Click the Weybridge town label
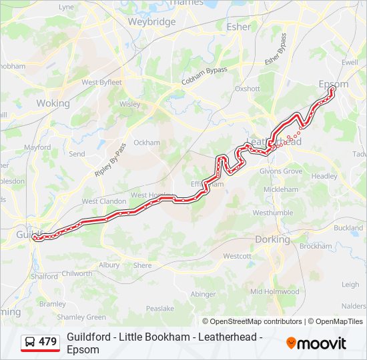pos(151,21)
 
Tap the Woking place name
pos(53,103)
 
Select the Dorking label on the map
pos(272,239)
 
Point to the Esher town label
pos(239,27)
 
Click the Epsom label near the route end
pos(333,85)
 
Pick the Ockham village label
pos(147,143)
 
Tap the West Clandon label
pos(103,201)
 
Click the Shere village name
pos(142,265)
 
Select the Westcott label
pos(237,256)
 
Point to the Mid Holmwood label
pos(275,291)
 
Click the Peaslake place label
pos(160,309)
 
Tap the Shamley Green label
pos(81,317)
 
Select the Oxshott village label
pos(247,88)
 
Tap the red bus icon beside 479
pos(30,342)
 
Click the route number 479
pos(47,342)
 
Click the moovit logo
pos(316,343)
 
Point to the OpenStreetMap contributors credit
pos(252,321)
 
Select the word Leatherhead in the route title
pos(227,337)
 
